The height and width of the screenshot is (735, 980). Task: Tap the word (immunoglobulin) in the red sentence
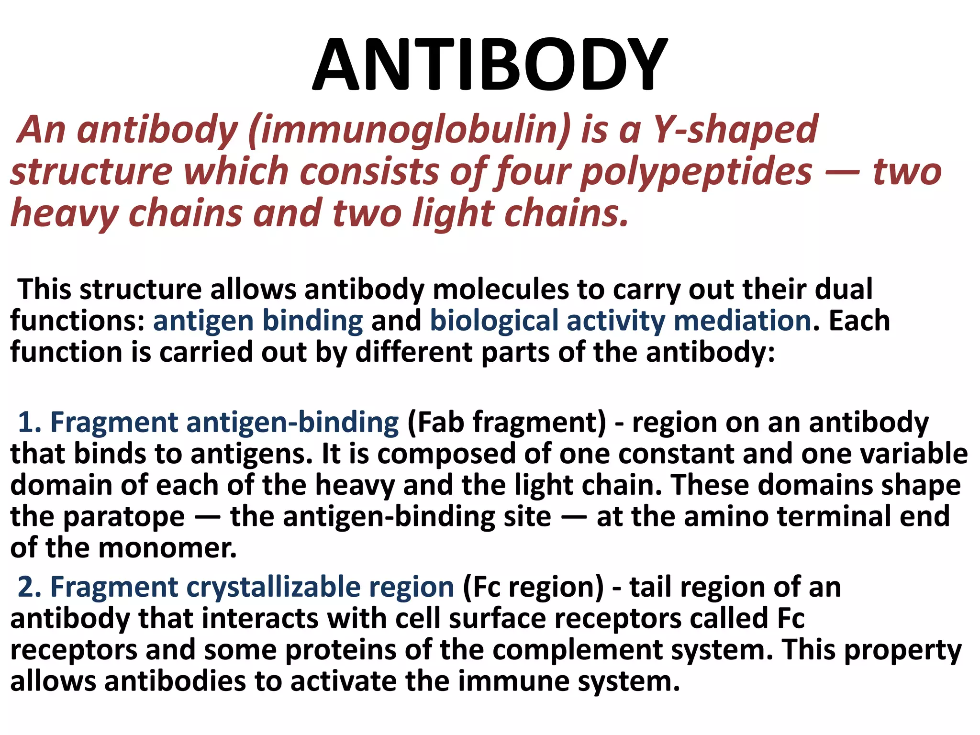410,130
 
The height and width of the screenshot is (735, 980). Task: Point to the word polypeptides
696,171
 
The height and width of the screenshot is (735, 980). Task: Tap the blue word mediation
742,321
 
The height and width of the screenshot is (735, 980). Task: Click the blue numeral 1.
29,422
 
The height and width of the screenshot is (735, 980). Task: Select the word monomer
167,548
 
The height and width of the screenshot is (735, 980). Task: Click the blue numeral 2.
29,587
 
